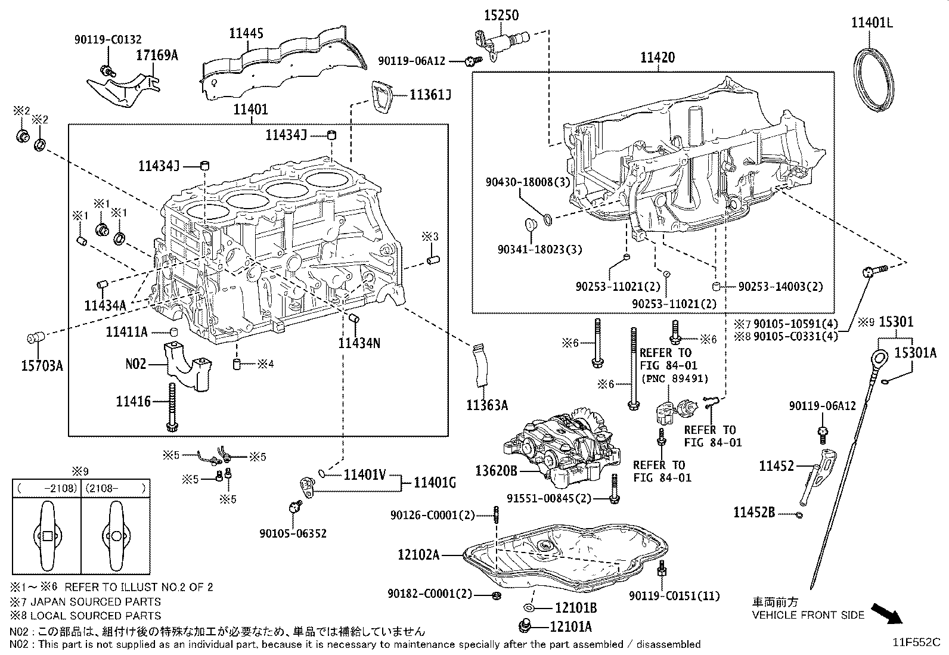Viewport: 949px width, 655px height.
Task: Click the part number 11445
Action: pos(246,33)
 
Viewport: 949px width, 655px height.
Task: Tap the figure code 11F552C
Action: pos(916,642)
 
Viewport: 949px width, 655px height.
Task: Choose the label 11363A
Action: pos(487,406)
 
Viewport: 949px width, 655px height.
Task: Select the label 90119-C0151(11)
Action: pos(674,595)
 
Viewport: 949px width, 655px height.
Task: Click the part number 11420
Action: pos(658,58)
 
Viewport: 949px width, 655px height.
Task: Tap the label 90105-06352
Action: pos(293,533)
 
